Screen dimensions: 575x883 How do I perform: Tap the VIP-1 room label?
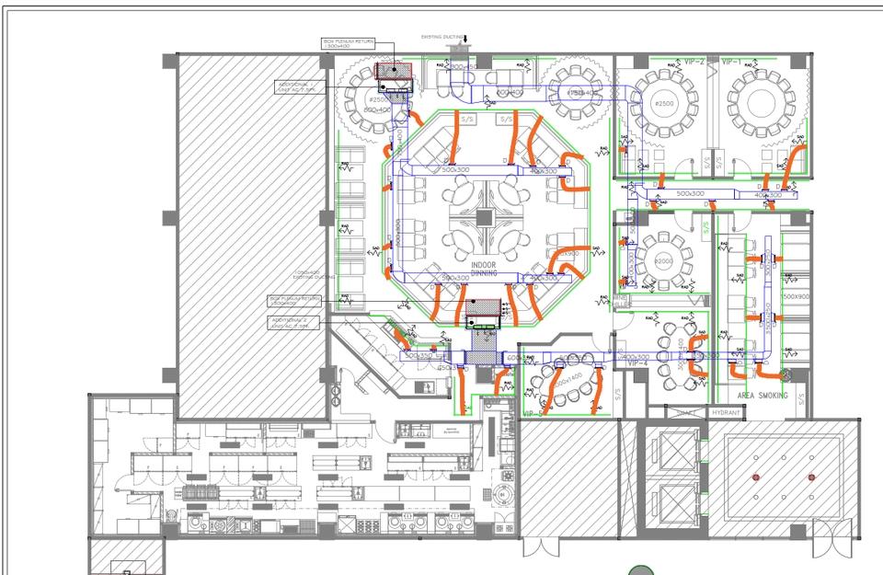click(732, 62)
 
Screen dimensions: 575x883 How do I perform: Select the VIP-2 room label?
click(694, 62)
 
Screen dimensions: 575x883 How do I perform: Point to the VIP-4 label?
click(638, 363)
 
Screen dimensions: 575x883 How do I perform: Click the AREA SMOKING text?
click(762, 396)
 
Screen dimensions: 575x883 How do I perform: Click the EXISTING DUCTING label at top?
click(442, 37)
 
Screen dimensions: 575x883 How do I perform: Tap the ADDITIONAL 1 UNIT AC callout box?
click(299, 86)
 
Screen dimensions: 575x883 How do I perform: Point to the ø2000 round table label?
click(664, 260)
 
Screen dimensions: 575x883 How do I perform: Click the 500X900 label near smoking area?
click(796, 297)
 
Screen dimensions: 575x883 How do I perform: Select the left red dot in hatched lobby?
click(756, 477)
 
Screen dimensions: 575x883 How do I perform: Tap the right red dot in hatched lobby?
click(811, 477)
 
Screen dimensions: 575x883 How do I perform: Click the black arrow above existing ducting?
click(466, 38)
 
